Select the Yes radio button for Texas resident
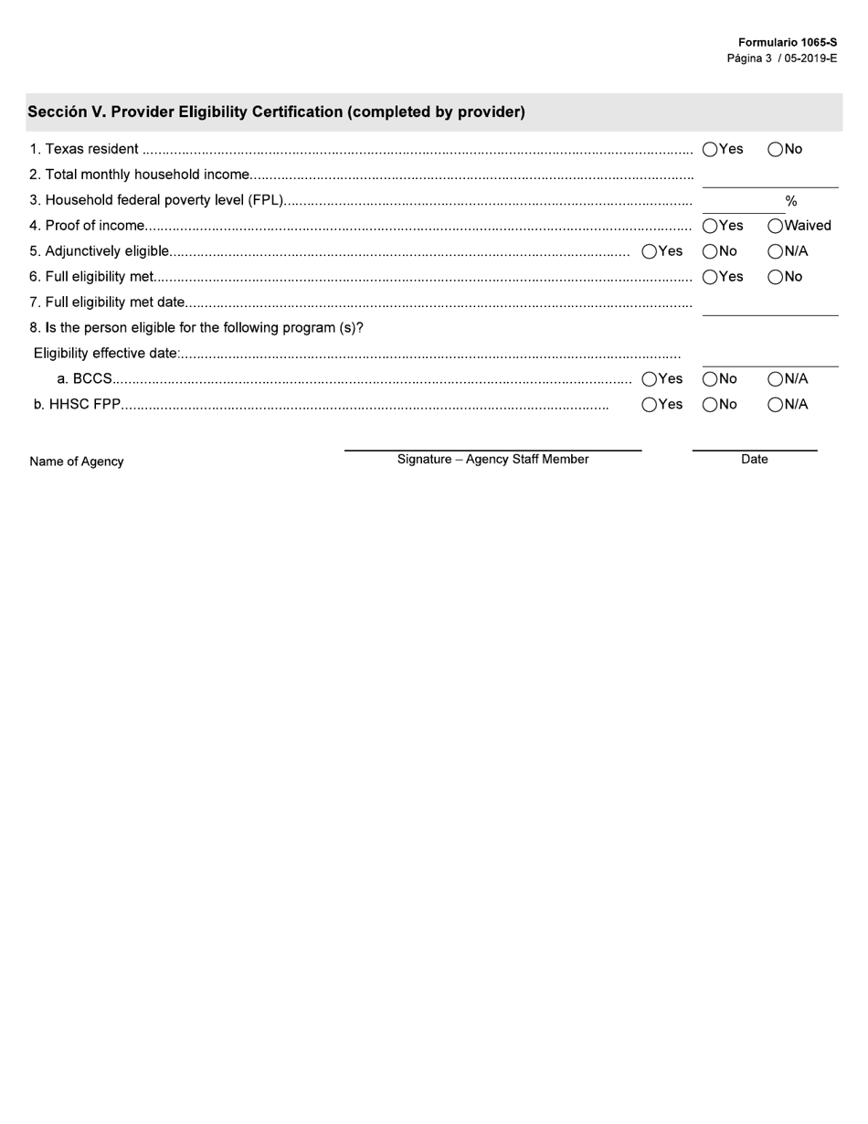[710, 150]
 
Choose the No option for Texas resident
[776, 150]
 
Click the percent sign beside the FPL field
[791, 201]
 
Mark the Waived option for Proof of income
[776, 227]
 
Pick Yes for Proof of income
[710, 227]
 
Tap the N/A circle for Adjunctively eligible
[776, 252]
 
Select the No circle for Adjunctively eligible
[710, 252]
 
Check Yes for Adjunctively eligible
[650, 252]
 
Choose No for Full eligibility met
[776, 278]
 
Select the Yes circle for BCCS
[650, 379]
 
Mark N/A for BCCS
[776, 379]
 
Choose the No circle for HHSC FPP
[710, 405]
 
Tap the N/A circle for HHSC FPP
[776, 405]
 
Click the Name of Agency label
[77, 461]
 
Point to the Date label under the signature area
[755, 460]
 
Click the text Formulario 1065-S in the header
[788, 42]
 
